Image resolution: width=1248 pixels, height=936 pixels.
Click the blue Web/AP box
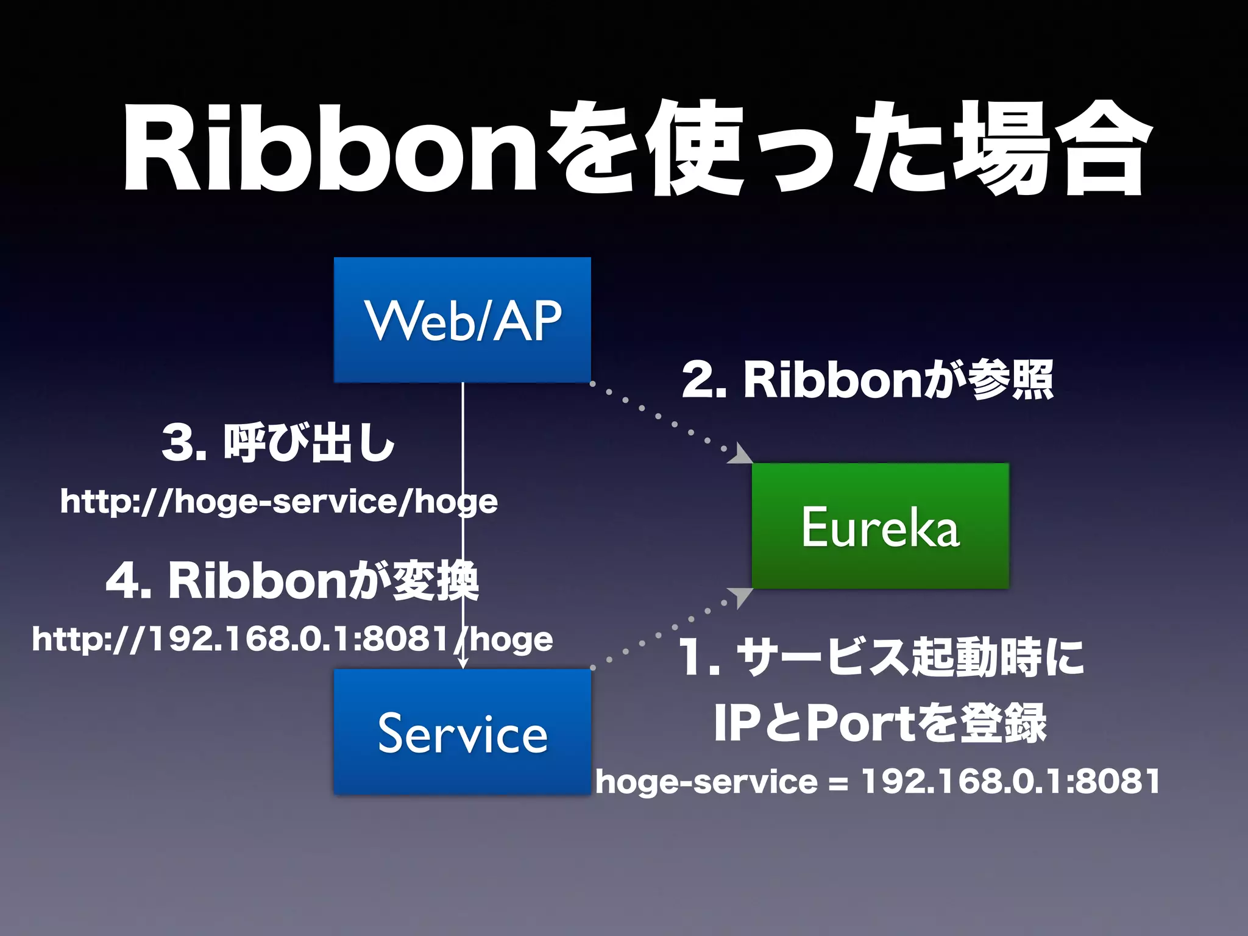point(462,320)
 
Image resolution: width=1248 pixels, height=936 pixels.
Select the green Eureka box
point(880,526)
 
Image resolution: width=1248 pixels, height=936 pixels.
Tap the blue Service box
point(462,732)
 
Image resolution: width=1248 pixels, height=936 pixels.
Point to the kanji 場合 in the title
point(1048,149)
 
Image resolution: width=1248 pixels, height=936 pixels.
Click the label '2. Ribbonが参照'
point(867,380)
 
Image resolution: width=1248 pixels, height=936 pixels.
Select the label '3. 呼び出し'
point(278,443)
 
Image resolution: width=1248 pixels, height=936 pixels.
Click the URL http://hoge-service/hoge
point(278,502)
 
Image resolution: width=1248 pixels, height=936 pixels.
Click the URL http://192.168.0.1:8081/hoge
point(292,640)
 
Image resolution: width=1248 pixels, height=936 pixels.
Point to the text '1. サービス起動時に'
point(881,658)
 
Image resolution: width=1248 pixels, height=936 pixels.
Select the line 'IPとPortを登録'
point(880,723)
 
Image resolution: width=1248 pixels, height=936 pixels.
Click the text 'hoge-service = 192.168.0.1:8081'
point(877,781)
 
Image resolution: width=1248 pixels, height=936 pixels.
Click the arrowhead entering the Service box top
point(463,664)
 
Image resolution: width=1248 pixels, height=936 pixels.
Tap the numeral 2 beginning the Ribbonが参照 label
point(698,380)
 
